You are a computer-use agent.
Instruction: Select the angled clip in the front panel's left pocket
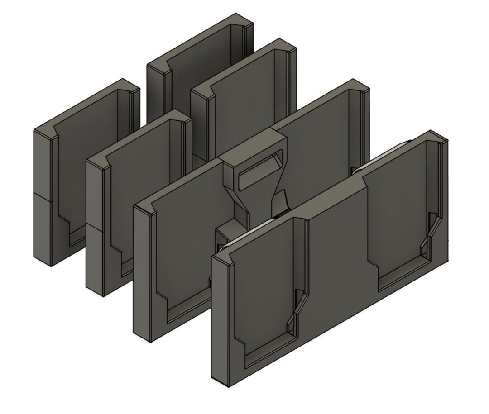(296, 312)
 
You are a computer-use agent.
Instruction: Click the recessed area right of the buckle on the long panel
(317, 149)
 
